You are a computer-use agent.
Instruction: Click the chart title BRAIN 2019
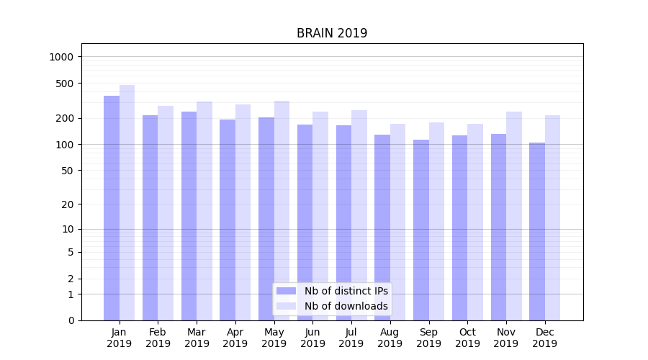tap(332, 33)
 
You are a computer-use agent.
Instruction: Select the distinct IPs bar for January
tap(112, 209)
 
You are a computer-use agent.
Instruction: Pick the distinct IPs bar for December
tap(537, 232)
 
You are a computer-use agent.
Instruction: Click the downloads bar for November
tap(514, 216)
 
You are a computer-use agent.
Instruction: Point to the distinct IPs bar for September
tap(421, 230)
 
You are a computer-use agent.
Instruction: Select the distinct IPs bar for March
tap(189, 216)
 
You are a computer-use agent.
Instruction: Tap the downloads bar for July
tap(359, 215)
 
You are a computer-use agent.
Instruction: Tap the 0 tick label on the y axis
tap(71, 320)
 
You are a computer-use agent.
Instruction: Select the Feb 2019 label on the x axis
tap(158, 338)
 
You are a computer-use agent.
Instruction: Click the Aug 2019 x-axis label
tap(390, 338)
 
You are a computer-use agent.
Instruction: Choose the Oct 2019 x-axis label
tap(467, 338)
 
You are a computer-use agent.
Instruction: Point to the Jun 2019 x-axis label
tap(312, 338)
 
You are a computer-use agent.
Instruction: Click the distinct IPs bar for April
tap(228, 220)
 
